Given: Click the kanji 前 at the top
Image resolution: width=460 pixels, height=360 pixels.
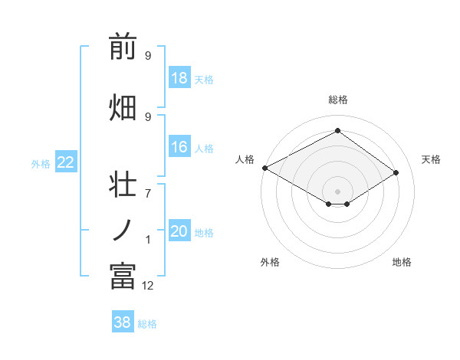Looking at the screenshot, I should click(x=123, y=48).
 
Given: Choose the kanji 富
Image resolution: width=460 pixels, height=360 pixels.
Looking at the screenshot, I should click(x=123, y=276).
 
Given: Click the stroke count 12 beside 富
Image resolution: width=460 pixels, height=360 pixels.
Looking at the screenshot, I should click(x=148, y=286).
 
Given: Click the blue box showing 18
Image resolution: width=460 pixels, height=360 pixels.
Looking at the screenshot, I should click(x=179, y=79).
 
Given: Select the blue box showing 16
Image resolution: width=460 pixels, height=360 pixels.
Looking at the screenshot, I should click(x=179, y=148).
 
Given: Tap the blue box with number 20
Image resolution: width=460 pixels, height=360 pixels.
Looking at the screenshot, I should click(x=179, y=231).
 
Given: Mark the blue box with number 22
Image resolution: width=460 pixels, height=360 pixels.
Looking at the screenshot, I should click(x=66, y=162).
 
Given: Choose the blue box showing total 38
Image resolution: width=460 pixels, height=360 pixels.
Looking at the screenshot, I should click(x=123, y=322).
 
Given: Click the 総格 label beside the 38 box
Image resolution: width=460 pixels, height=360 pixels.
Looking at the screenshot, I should click(x=147, y=324).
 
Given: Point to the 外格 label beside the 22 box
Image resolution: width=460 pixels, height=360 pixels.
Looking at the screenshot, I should click(x=41, y=163).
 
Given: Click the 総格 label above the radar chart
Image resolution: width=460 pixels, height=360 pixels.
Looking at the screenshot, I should click(x=337, y=100).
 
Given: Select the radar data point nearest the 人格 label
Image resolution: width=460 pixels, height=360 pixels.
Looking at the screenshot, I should click(x=264, y=168).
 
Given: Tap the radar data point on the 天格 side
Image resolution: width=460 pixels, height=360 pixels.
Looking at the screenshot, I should click(x=396, y=173).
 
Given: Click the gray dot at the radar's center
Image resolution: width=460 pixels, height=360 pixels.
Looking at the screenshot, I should click(x=337, y=190).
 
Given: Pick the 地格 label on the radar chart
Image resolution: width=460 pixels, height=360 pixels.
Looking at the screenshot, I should click(x=402, y=262).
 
